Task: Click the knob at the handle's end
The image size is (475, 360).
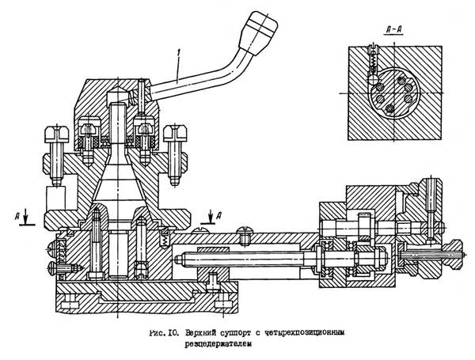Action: point(258,33)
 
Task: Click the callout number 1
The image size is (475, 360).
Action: point(180,53)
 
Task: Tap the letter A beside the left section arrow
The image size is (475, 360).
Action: point(18,216)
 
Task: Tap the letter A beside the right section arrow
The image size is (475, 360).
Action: point(218,215)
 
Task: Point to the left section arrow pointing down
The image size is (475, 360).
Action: point(26,215)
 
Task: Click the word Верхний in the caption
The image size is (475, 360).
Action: point(200,333)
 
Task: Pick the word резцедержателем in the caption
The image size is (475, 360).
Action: point(218,344)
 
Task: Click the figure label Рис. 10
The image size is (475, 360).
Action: point(165,333)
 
